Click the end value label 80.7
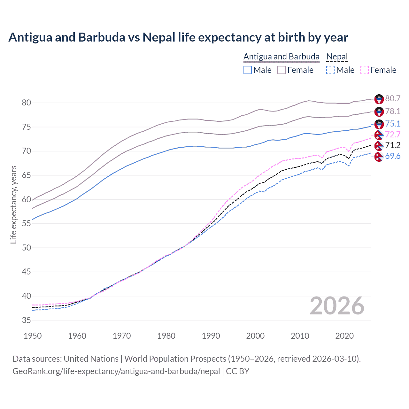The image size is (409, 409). tap(393, 99)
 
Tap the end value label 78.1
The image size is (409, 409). tap(393, 111)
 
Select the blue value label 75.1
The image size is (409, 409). tap(393, 124)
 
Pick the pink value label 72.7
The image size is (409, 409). tap(393, 135)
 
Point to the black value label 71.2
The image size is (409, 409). tap(393, 145)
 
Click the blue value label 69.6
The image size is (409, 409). tap(393, 156)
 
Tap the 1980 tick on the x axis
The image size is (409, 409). tap(166, 336)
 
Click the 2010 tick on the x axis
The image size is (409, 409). tap(300, 336)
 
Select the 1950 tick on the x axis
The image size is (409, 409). tap(33, 336)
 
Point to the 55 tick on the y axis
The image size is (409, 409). tap(27, 223)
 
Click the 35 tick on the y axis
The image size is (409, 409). tap(27, 320)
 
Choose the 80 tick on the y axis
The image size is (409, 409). tap(27, 103)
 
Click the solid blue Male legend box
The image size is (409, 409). tap(248, 70)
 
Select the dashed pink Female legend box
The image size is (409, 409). tap(365, 70)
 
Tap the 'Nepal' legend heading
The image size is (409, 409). tap(337, 57)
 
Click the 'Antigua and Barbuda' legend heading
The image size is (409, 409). tap(281, 57)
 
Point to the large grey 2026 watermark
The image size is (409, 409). tap(337, 306)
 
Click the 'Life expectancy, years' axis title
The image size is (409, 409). tap(13, 204)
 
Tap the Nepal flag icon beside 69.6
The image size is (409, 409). tap(379, 157)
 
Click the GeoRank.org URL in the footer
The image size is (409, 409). tap(116, 371)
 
